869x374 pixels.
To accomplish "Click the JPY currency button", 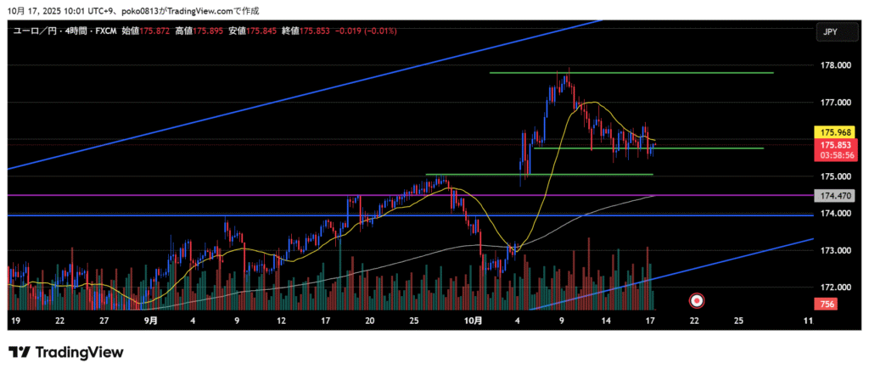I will [x=831, y=31].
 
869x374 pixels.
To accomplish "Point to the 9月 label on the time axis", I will [x=150, y=321].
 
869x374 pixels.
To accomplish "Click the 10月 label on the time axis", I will [x=474, y=321].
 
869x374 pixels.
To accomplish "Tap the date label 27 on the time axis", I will [x=104, y=321].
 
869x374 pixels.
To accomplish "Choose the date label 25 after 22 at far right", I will [x=739, y=321].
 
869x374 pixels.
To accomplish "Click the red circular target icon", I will [x=697, y=299].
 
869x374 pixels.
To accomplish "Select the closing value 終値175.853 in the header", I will [x=303, y=31].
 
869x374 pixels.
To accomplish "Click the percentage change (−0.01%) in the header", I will [x=376, y=31].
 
